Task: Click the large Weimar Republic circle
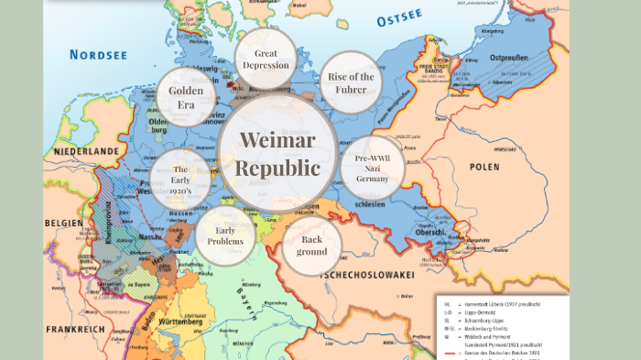tap(278, 154)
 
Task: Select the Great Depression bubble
tap(266, 60)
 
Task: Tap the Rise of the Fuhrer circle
tap(351, 83)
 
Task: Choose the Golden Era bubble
tap(186, 98)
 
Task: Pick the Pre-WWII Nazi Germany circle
tap(371, 169)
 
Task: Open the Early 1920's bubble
tap(180, 180)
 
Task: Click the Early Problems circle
tap(225, 235)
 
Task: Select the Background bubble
tap(311, 245)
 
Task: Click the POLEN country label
tap(484, 167)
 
